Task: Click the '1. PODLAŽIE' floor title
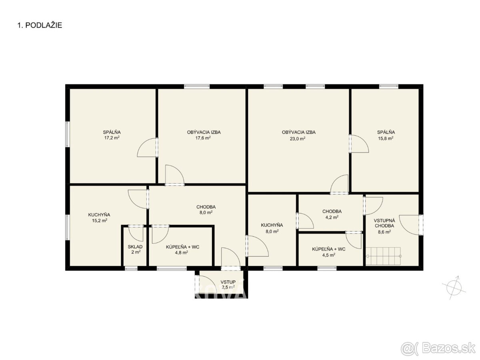click(40, 25)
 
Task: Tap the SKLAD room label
click(135, 247)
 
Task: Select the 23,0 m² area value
click(298, 138)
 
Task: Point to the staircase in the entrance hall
click(383, 256)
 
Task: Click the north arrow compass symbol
click(454, 288)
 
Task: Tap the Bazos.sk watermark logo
click(438, 348)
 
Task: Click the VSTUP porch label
click(228, 282)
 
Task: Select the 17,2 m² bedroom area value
click(112, 138)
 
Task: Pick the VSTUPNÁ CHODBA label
click(384, 223)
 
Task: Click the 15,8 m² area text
click(386, 138)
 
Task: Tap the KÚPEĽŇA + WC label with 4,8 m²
click(182, 247)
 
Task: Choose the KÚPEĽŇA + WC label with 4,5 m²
click(328, 249)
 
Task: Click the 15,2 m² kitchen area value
click(100, 220)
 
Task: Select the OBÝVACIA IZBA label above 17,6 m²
click(204, 132)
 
